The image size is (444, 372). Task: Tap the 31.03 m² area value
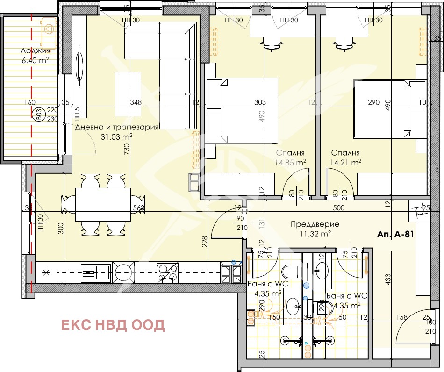click(x=116, y=136)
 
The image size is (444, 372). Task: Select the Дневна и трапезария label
click(x=117, y=127)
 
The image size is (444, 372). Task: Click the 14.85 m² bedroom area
click(x=290, y=163)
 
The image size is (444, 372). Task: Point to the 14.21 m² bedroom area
click(x=346, y=163)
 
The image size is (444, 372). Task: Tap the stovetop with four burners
click(x=168, y=272)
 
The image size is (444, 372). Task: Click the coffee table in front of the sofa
click(x=128, y=93)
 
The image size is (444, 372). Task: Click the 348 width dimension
click(x=136, y=103)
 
